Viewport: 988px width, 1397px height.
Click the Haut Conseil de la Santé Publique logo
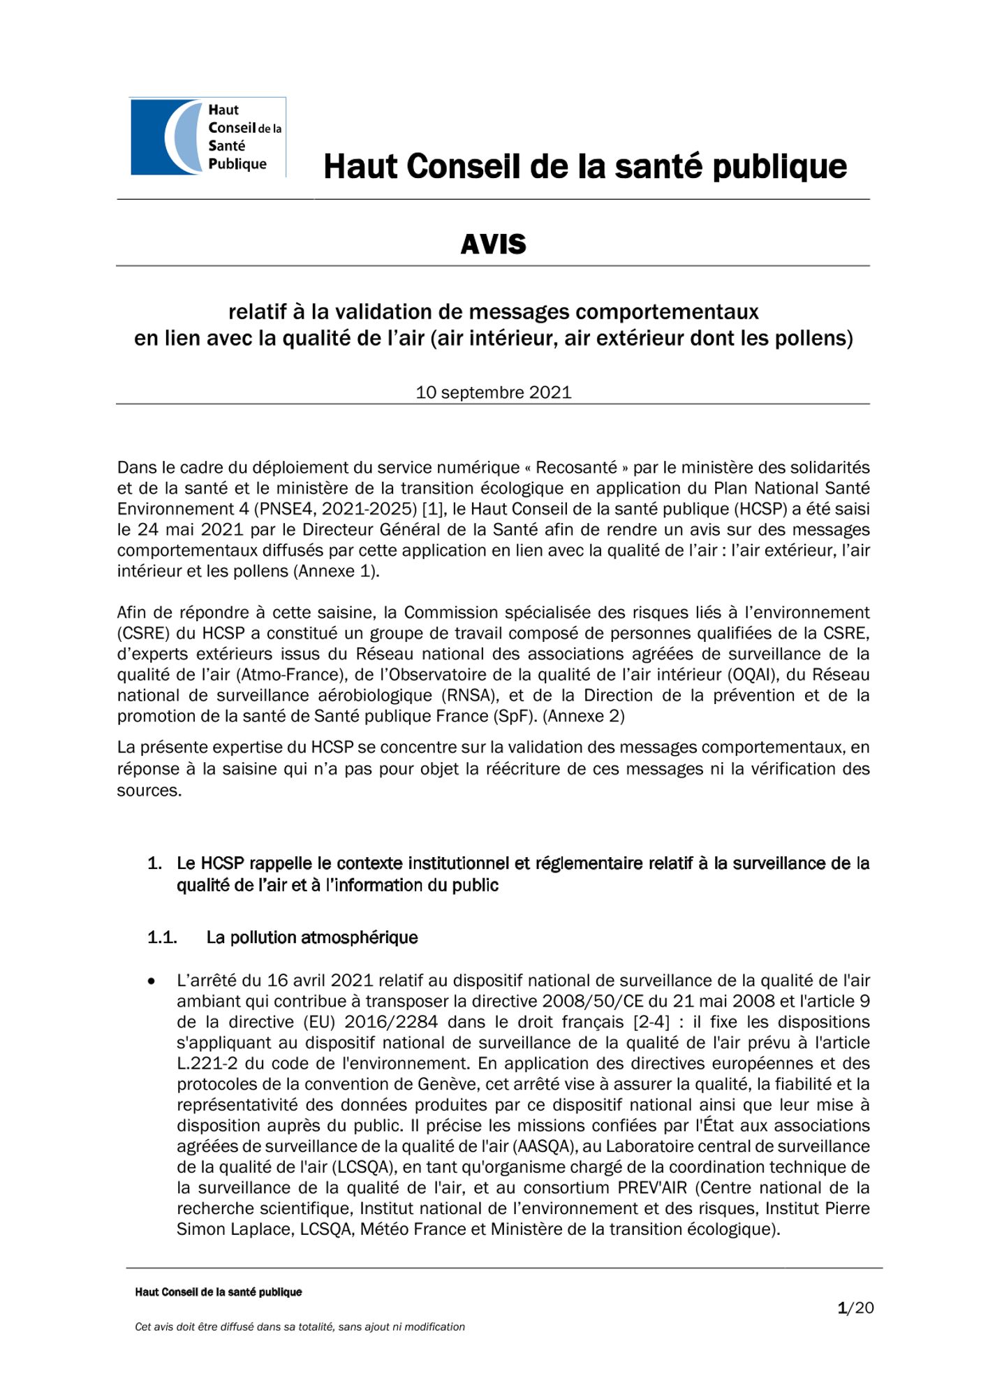click(207, 137)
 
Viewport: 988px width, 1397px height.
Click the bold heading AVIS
click(493, 244)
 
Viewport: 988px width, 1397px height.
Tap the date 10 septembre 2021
click(493, 393)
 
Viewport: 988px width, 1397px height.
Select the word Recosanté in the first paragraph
click(576, 467)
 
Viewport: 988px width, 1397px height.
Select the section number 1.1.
click(162, 937)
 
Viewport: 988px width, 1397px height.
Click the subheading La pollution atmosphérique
click(312, 937)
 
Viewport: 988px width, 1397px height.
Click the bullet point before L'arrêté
click(152, 981)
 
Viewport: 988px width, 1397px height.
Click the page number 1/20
click(855, 1308)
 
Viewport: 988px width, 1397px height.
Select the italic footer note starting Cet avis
click(300, 1327)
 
